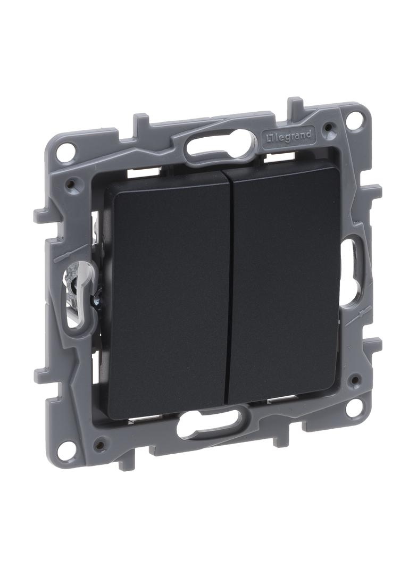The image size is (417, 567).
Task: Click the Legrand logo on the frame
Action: point(286,136)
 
